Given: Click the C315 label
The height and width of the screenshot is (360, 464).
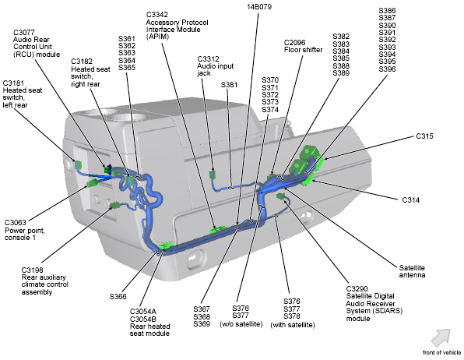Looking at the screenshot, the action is coord(424,136).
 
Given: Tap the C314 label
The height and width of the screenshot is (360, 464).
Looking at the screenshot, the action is coord(411,200).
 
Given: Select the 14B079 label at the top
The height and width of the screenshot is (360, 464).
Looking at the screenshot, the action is coord(259,6).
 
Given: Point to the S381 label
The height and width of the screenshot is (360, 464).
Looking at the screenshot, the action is coord(229,85).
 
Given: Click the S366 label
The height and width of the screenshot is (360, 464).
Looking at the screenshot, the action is coord(118,296).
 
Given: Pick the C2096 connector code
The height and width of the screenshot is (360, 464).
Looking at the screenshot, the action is coord(295,42).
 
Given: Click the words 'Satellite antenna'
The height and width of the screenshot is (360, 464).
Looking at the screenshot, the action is coord(412,271).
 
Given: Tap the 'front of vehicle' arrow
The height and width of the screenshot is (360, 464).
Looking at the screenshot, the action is coord(441,337).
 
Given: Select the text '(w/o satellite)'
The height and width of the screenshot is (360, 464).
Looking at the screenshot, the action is coord(241,324).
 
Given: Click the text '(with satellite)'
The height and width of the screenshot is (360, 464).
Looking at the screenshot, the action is coord(293,325).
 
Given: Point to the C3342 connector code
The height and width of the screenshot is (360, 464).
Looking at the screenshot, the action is coord(156,15).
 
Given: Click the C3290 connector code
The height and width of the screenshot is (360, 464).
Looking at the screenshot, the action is coord(357,288).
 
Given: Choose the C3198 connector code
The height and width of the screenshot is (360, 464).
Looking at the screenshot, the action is coord(32,270).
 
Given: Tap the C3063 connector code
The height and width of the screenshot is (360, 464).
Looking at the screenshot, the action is coord(16,223).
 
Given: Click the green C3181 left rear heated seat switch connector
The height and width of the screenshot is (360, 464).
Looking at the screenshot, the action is coord(78,164).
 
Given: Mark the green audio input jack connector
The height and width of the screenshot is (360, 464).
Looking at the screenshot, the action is coord(212,175).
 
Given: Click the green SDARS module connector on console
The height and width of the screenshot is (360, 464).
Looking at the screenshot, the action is coord(280,196).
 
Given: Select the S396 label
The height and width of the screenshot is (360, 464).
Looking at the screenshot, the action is coord(387,69).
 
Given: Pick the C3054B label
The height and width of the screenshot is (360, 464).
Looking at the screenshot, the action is coord(143,319).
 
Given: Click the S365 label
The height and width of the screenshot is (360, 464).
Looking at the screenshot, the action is coord(127,68).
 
